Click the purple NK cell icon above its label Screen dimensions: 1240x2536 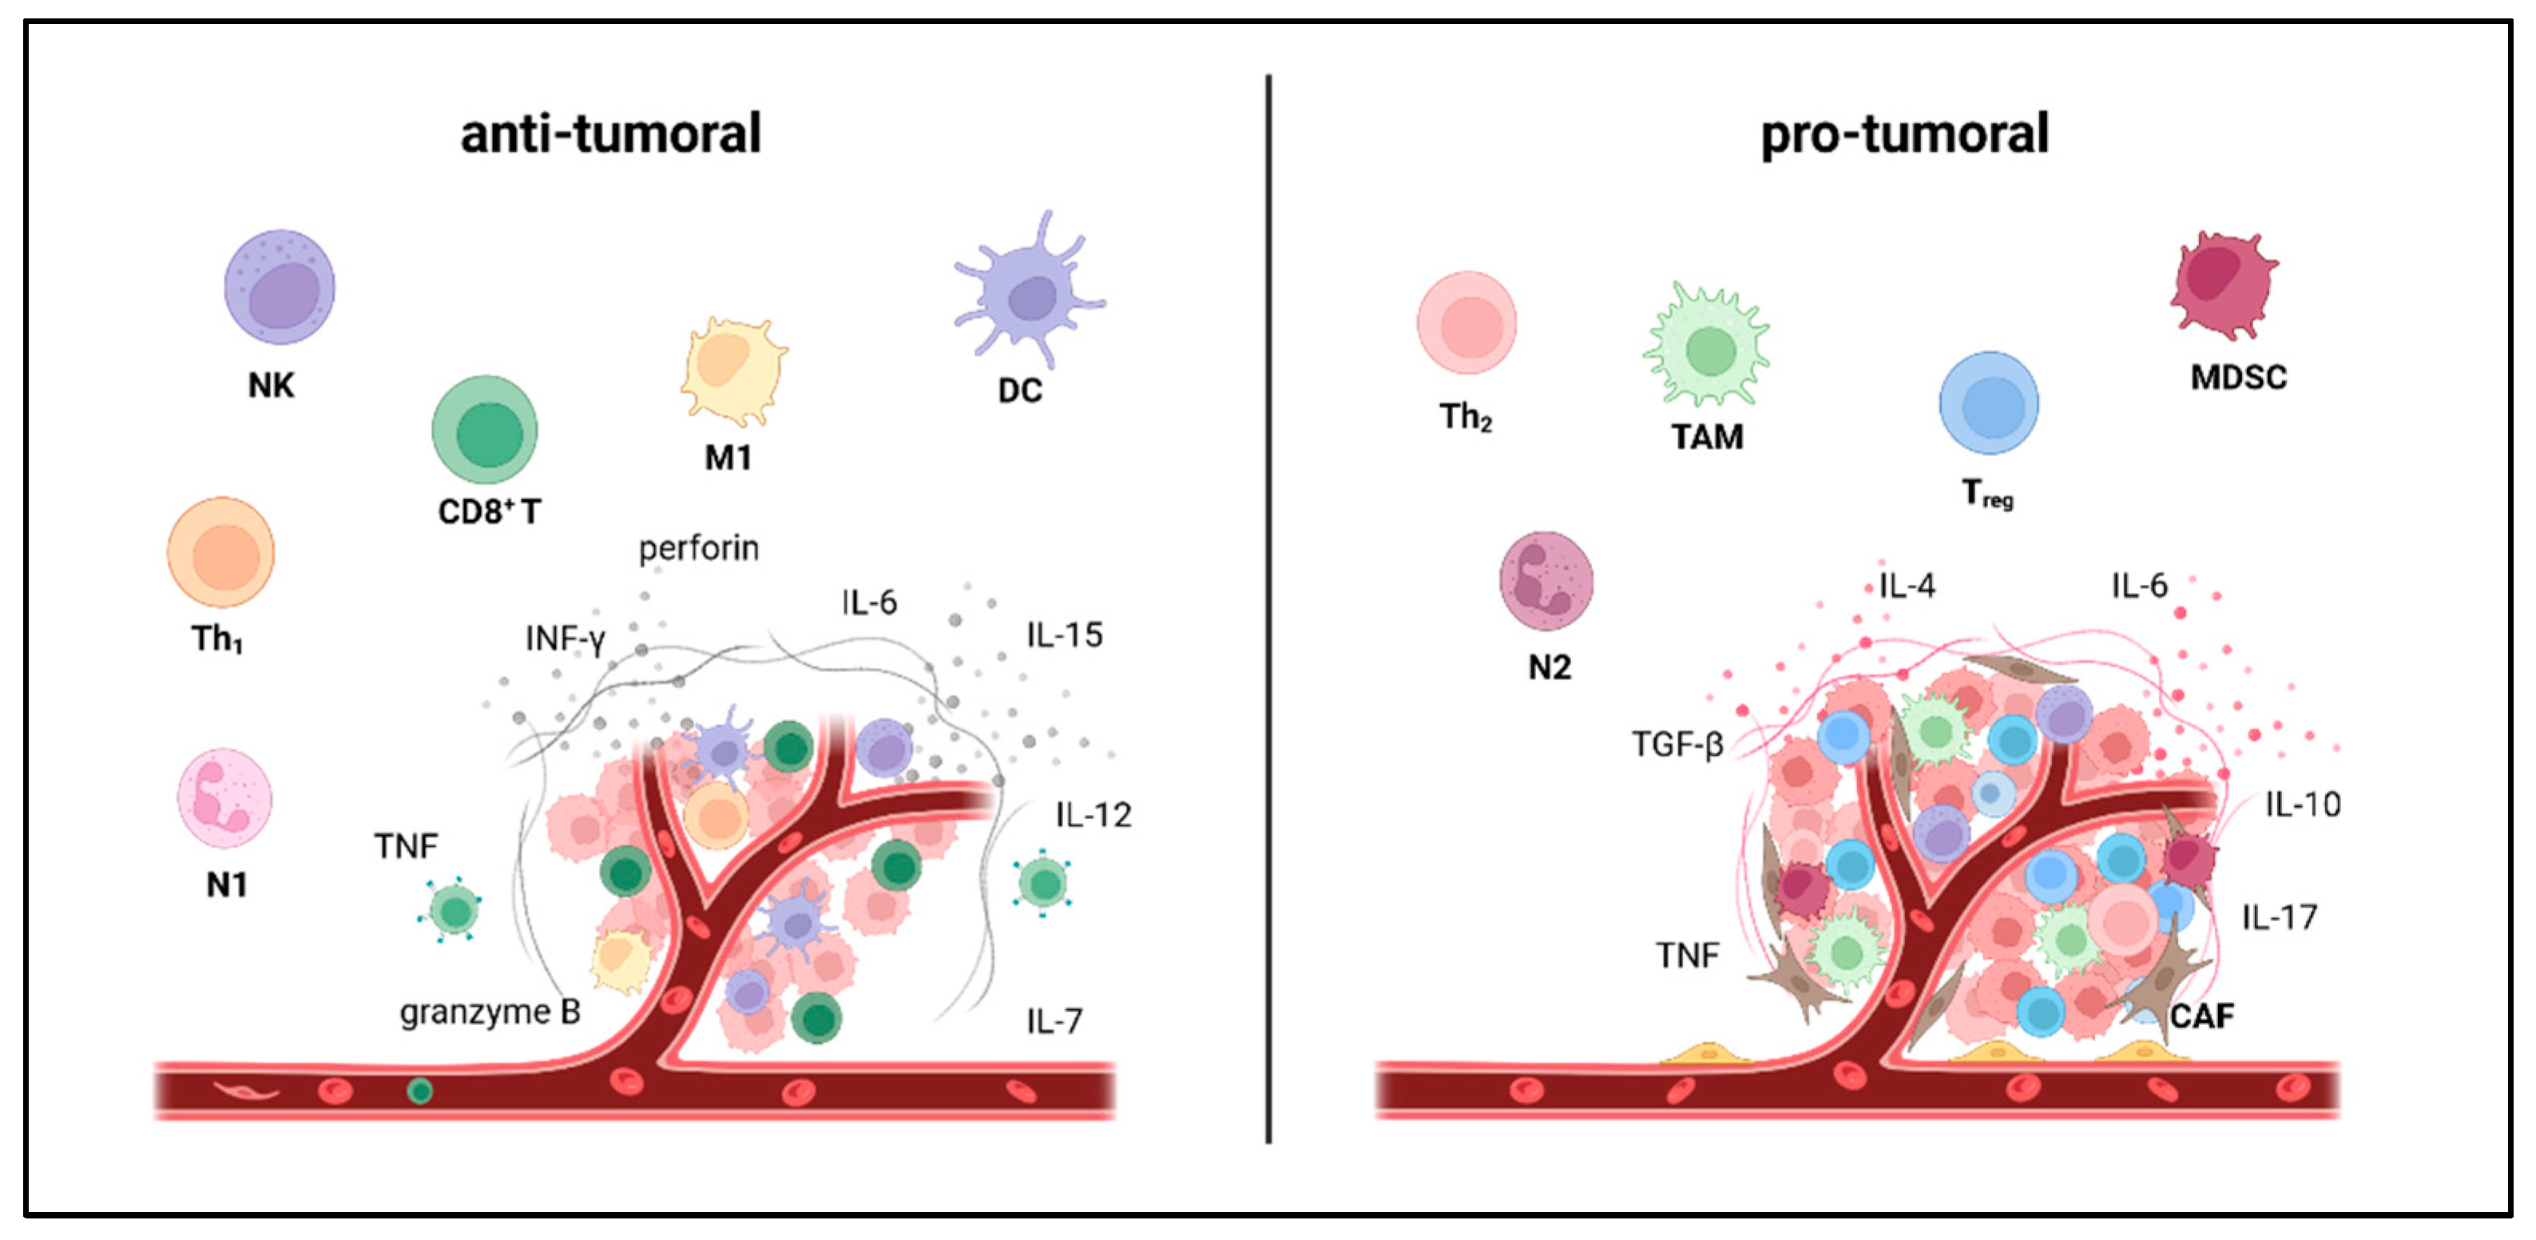[280, 287]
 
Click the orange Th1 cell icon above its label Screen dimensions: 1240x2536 [220, 553]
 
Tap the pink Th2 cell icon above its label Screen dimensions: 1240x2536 [1466, 323]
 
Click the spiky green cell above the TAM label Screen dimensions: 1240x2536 [1708, 346]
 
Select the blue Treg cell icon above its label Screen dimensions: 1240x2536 [1989, 403]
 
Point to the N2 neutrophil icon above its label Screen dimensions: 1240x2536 [1546, 580]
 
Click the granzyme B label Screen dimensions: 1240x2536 [490, 1011]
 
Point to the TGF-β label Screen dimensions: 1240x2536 [1677, 744]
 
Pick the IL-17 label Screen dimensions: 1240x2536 [2279, 917]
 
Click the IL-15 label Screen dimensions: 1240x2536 [1064, 634]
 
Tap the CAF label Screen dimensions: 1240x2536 [2202, 1015]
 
